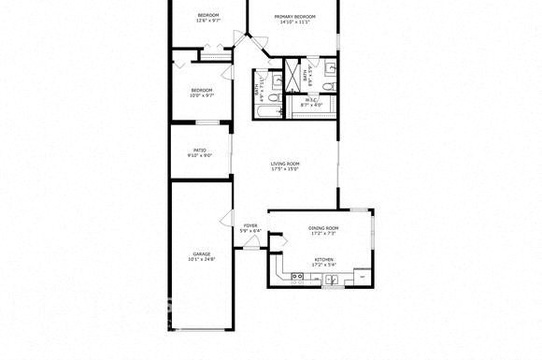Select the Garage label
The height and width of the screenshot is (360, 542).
point(201,253)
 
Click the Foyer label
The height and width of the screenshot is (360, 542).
point(250,225)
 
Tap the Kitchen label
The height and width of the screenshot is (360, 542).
point(323,259)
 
